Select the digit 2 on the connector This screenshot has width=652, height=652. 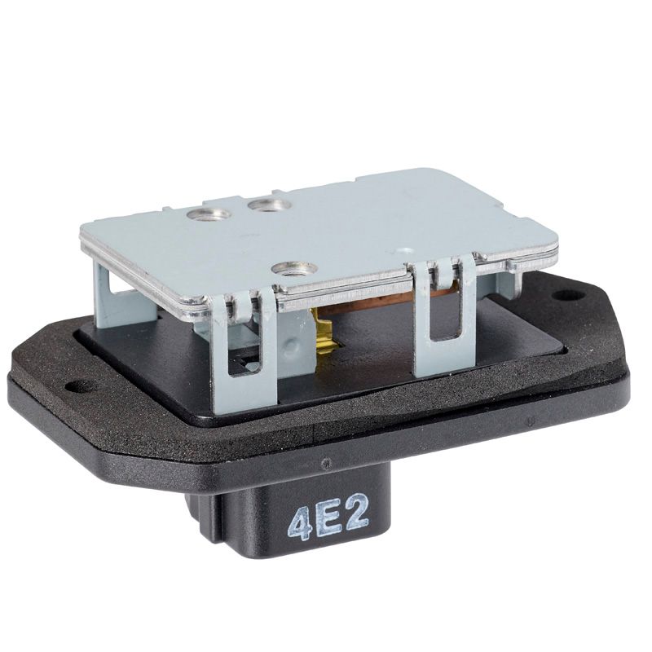[355, 515]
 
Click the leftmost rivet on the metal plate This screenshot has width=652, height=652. [209, 214]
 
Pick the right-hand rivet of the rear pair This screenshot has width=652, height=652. [269, 205]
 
